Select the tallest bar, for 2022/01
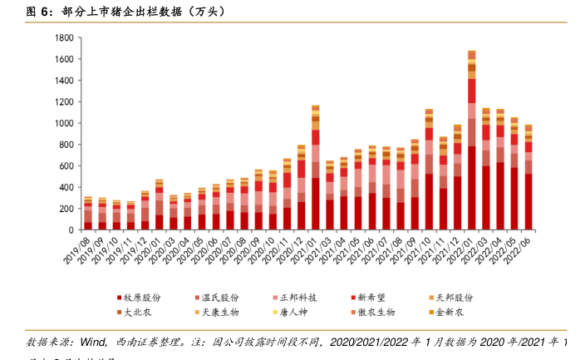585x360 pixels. (x=471, y=141)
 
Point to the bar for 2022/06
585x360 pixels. (x=528, y=178)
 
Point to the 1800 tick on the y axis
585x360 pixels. (x=64, y=38)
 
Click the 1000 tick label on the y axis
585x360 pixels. (x=64, y=124)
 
